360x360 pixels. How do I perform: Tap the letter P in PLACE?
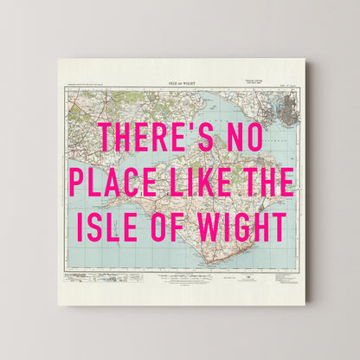click(x=79, y=182)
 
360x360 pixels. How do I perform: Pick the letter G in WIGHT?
click(x=245, y=226)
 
